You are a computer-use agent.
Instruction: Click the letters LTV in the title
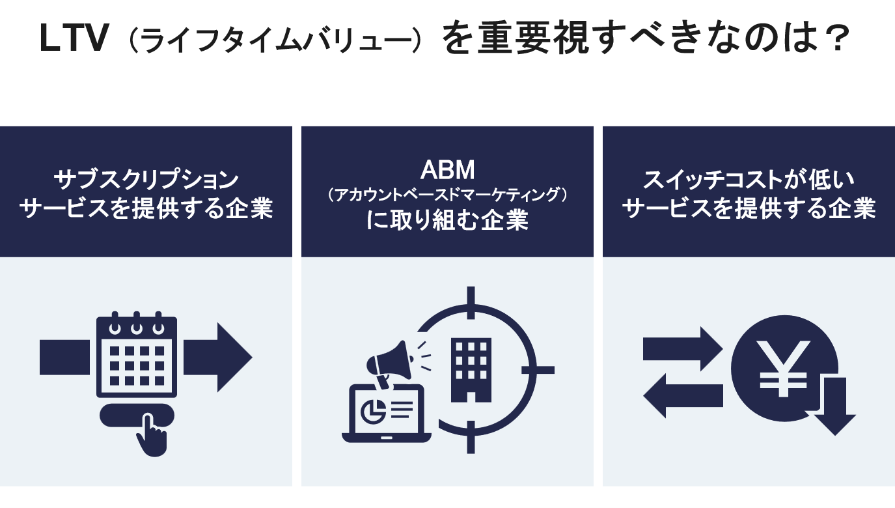tap(73, 40)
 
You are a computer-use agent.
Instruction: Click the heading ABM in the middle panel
tap(447, 171)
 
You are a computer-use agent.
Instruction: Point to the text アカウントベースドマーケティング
tap(447, 195)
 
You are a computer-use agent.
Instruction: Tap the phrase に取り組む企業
tap(447, 220)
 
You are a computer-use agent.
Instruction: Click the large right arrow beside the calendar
tap(218, 357)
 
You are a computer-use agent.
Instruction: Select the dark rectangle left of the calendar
tap(64, 357)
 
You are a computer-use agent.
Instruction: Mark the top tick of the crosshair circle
tap(471, 301)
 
